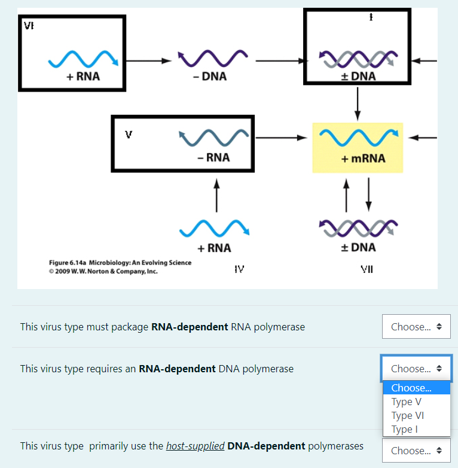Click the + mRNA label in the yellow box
[x=363, y=159]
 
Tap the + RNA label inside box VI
[x=83, y=77]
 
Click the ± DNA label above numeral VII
[x=358, y=247]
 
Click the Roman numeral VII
[x=367, y=270]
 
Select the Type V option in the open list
[x=407, y=402]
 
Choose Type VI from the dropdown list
[x=408, y=415]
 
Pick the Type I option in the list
[x=405, y=429]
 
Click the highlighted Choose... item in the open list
[x=411, y=388]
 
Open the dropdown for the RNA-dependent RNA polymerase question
[x=416, y=327]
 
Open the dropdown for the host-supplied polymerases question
[x=416, y=451]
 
